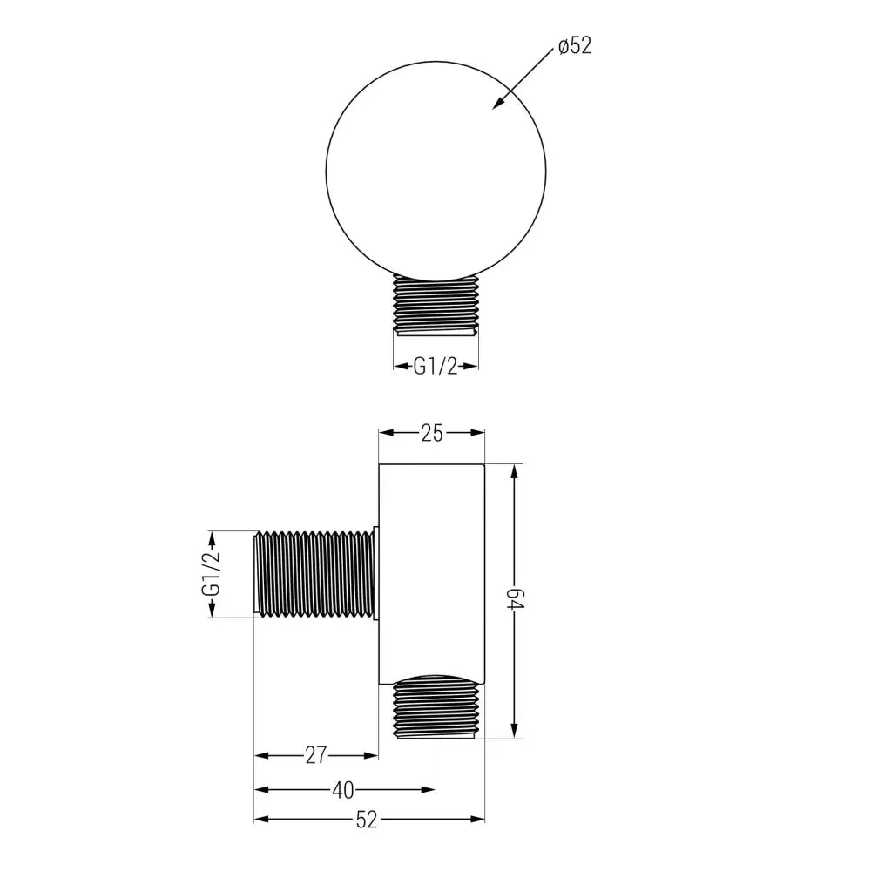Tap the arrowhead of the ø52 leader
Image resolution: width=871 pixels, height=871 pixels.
[496, 106]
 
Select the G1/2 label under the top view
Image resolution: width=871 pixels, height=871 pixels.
[435, 367]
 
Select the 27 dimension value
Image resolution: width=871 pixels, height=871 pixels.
[315, 755]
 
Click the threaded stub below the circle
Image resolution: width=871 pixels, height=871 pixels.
[435, 304]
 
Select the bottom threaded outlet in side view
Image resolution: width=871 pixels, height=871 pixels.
[435, 707]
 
